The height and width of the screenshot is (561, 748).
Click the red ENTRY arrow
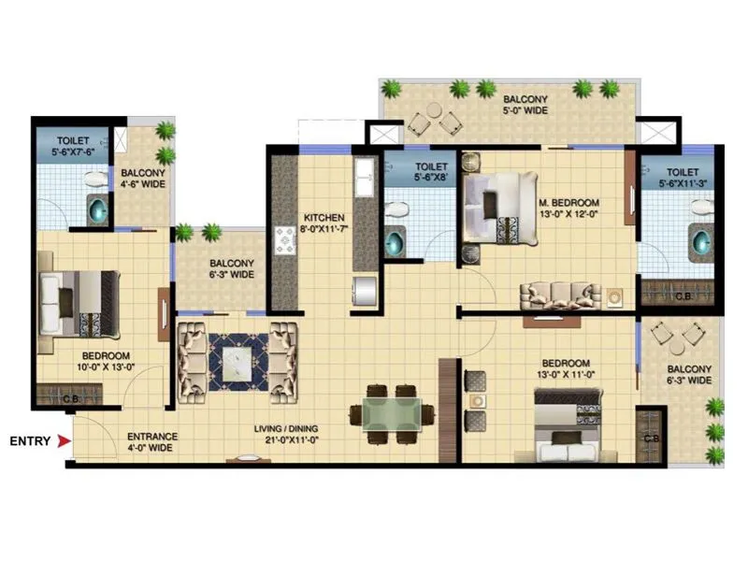(x=64, y=440)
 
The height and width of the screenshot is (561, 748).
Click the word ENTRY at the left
(x=29, y=440)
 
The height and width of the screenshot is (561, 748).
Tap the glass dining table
(x=392, y=412)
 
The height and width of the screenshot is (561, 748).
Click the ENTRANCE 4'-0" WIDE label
(x=152, y=442)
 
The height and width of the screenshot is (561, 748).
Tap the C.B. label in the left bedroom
(x=44, y=399)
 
